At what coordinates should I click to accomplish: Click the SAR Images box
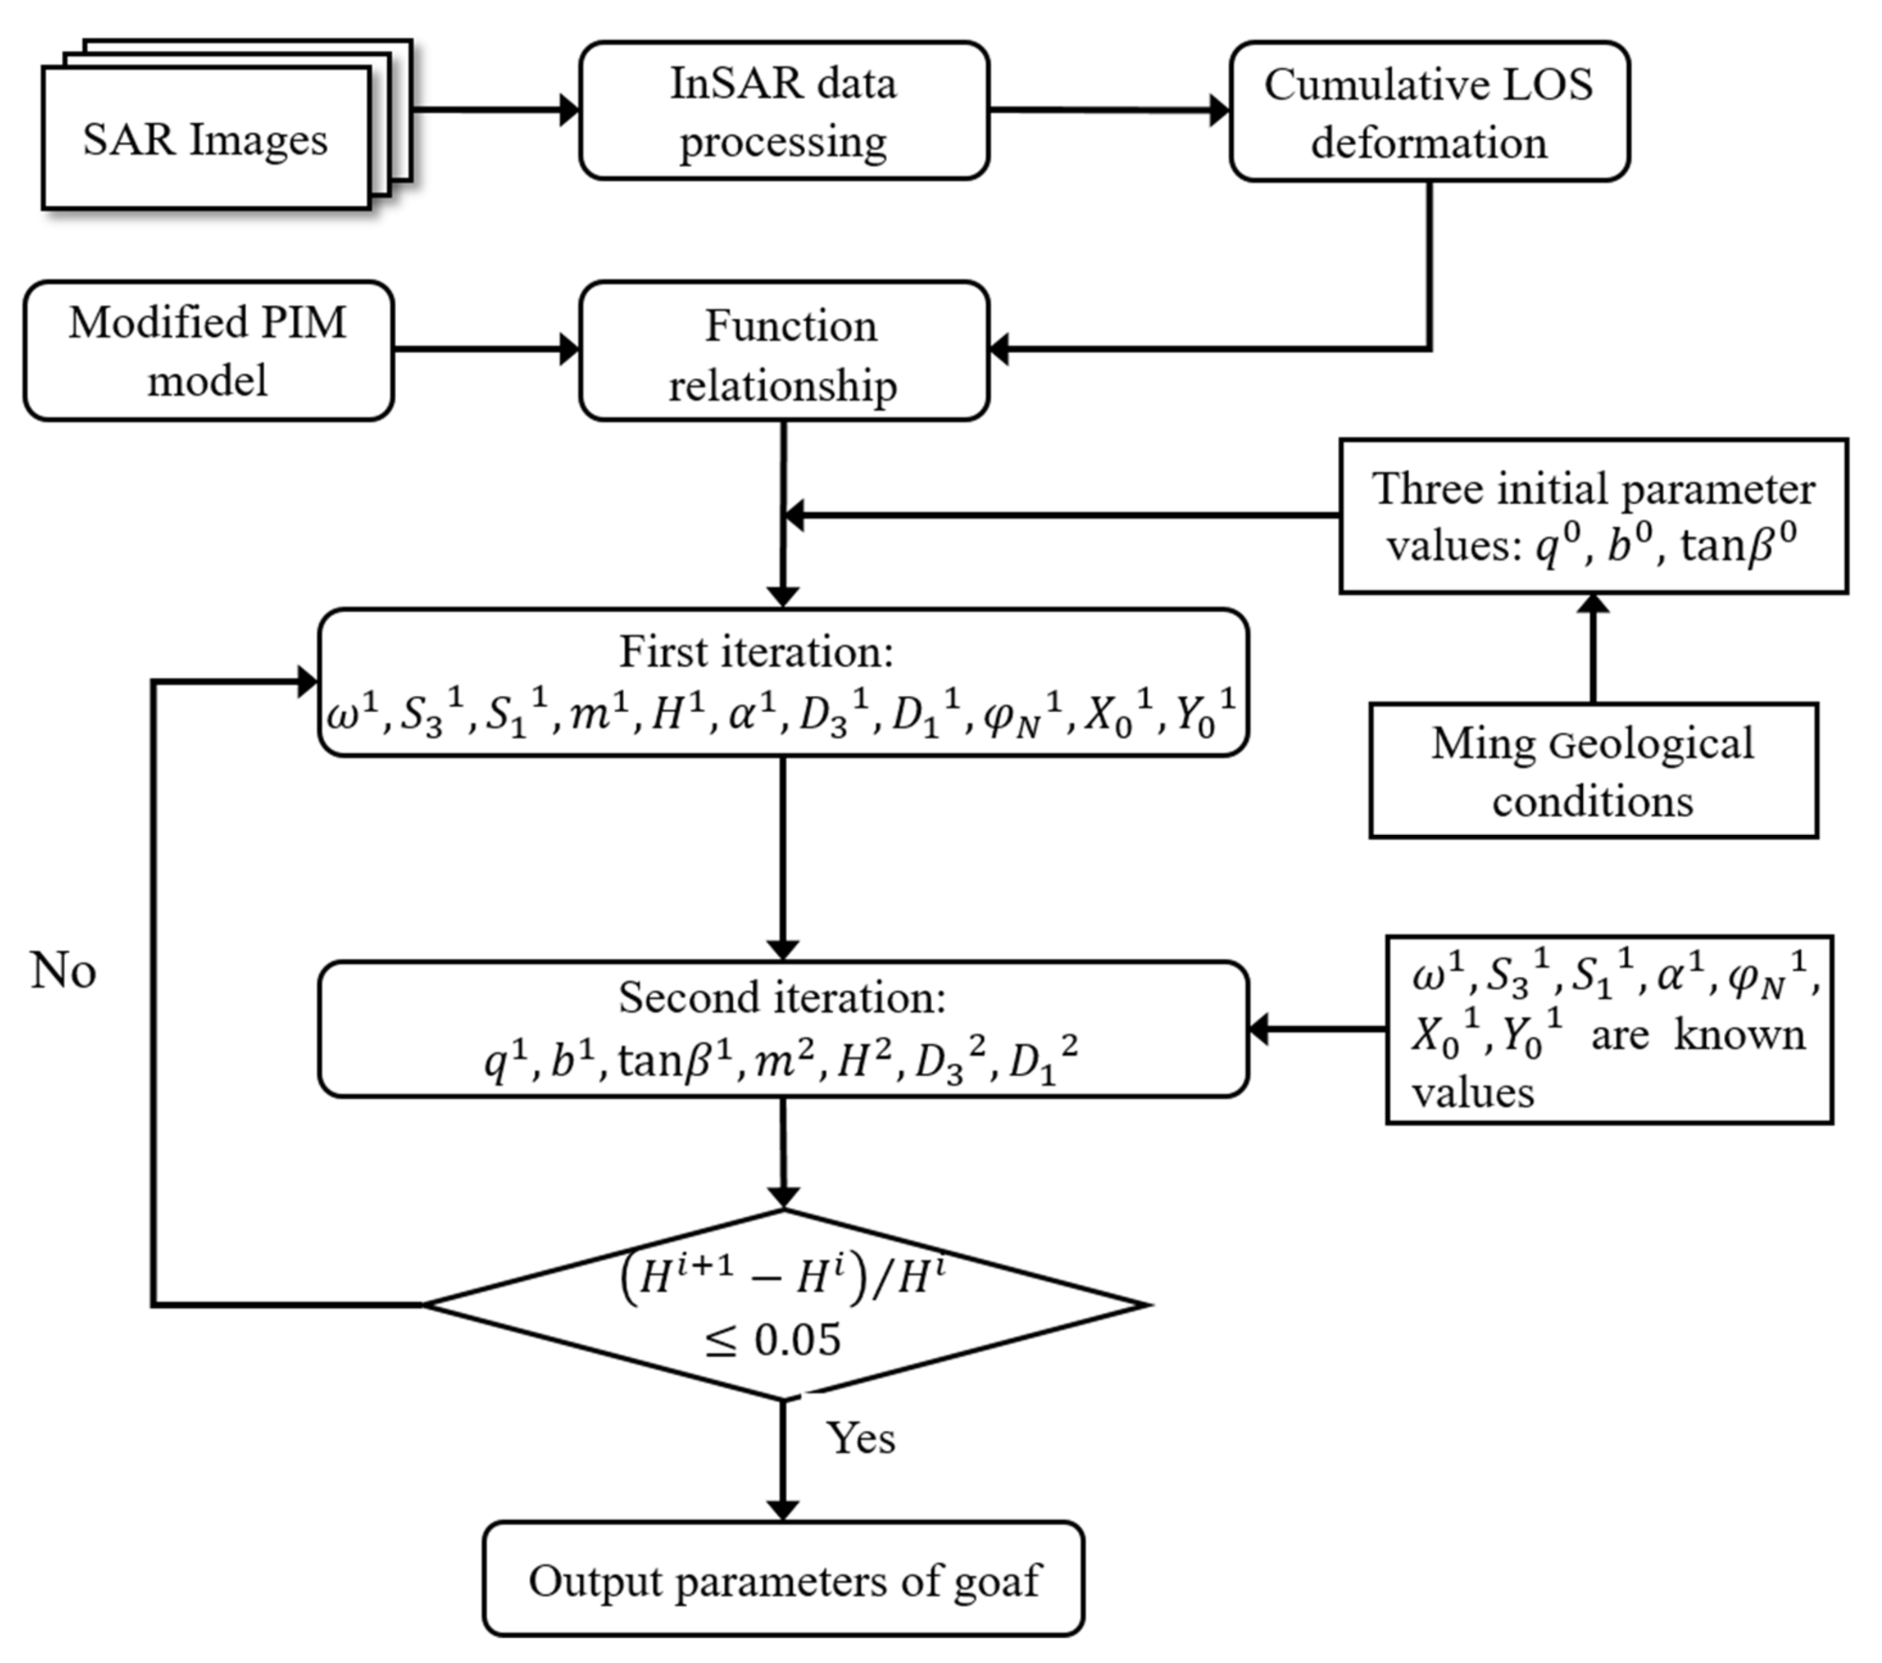click(206, 140)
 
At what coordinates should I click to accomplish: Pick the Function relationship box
click(784, 354)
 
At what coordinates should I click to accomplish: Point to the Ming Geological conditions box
click(1593, 771)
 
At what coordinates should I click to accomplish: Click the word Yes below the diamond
click(860, 1437)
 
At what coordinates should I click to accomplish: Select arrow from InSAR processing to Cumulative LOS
click(1109, 110)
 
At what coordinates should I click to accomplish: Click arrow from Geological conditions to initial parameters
click(1593, 649)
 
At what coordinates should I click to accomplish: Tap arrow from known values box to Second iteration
click(1316, 1030)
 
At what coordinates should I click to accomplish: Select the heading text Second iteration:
click(782, 997)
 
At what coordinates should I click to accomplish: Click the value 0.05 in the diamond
click(798, 1340)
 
